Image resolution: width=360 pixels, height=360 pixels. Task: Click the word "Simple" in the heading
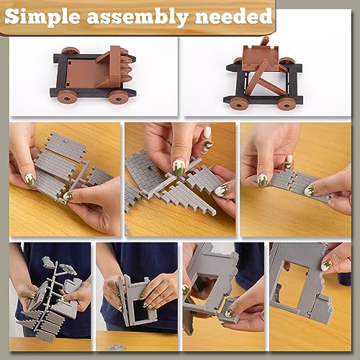coord(48,16)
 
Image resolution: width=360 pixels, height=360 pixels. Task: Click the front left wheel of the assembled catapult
coord(238,103)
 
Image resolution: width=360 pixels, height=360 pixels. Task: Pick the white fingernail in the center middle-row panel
coord(207,132)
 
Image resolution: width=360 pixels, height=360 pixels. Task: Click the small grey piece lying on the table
coord(114,348)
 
